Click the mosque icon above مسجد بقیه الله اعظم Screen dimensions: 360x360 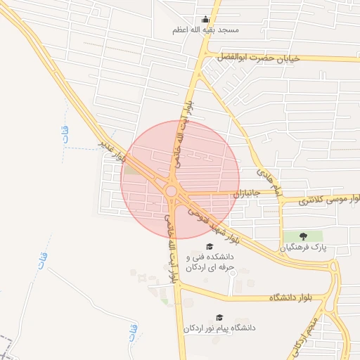(205, 20)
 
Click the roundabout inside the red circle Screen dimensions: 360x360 (172, 191)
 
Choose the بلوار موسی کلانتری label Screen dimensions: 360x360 (323, 201)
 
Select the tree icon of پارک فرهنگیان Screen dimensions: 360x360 (303, 236)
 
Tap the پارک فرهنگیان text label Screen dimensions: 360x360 (304, 247)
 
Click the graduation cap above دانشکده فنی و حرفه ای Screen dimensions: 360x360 (209, 246)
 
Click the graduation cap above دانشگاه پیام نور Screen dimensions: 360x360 (219, 317)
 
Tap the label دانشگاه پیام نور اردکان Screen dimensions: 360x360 (219, 328)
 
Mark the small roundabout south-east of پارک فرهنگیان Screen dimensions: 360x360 (334, 268)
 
